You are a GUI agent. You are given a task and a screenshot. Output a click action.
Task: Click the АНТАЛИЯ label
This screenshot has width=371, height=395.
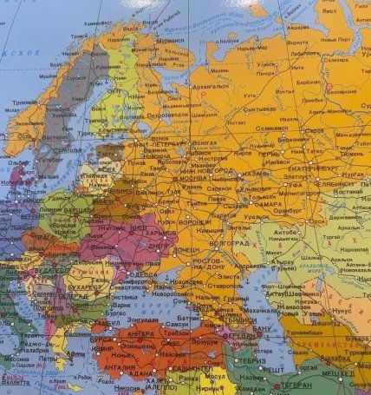[x=118, y=365]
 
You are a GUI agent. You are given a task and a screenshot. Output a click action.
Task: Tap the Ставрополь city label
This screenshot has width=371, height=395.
[x=202, y=284]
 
